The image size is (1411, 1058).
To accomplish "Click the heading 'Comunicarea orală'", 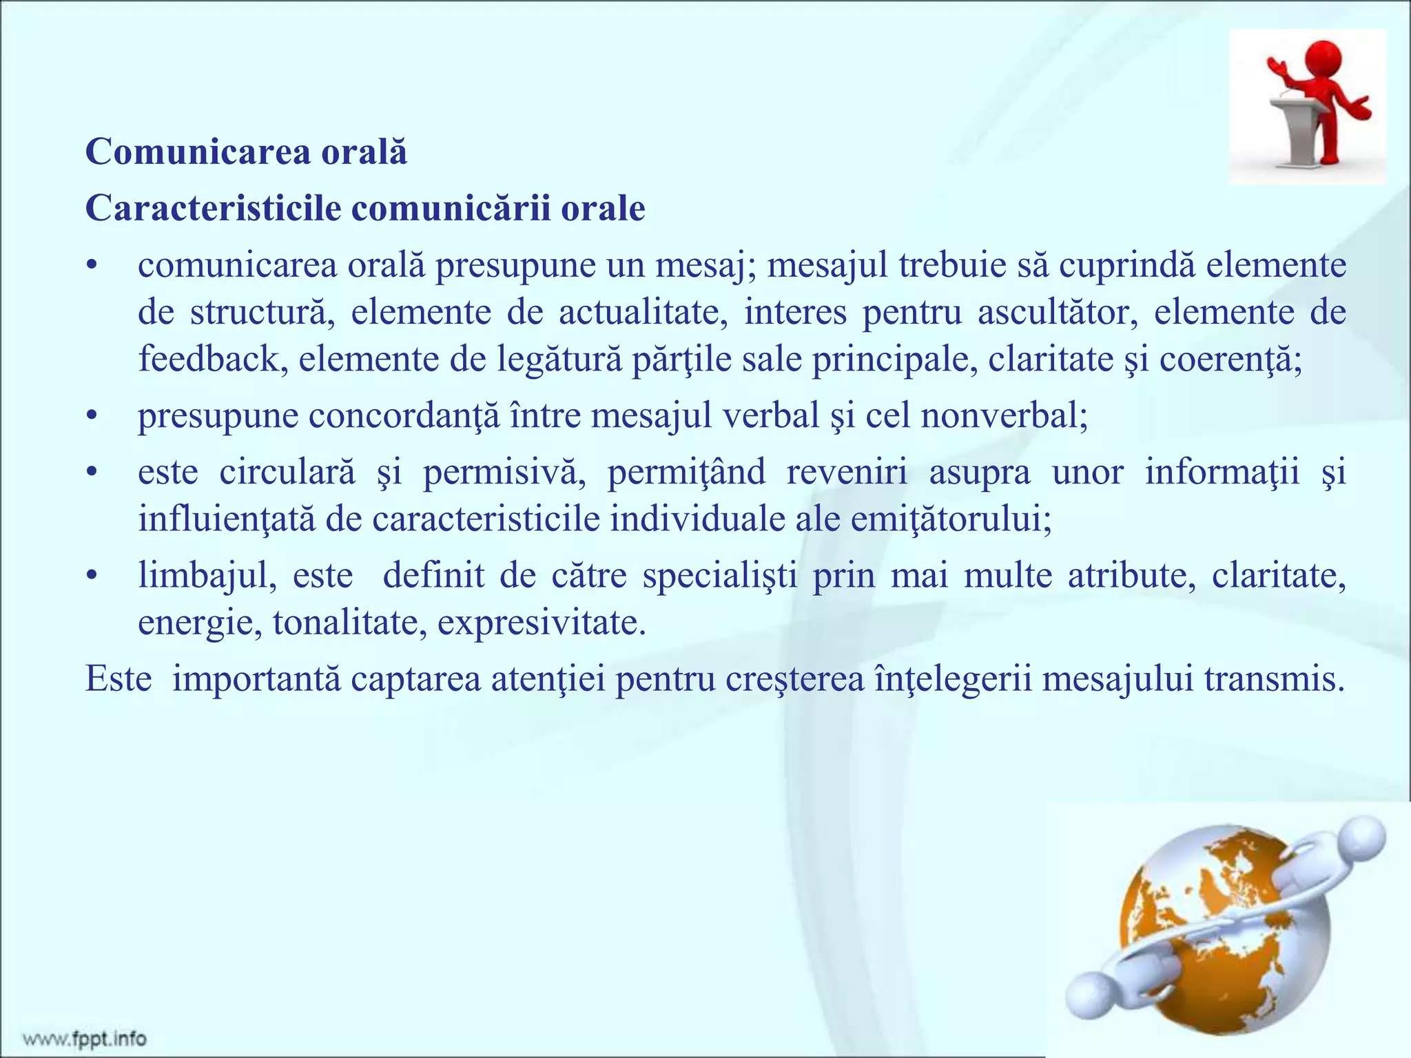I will (246, 152).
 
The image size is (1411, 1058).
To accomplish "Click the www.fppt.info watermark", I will (84, 1038).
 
